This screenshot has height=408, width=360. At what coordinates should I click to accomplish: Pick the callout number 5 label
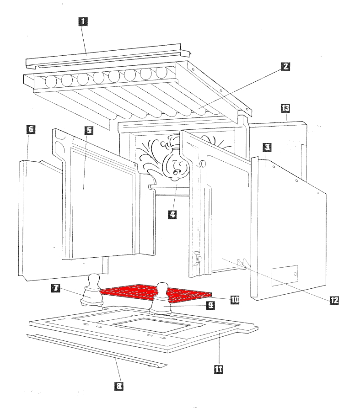click(x=88, y=130)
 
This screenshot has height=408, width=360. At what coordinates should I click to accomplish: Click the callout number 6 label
click(x=31, y=130)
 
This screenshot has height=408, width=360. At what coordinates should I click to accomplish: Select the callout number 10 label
click(x=235, y=299)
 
